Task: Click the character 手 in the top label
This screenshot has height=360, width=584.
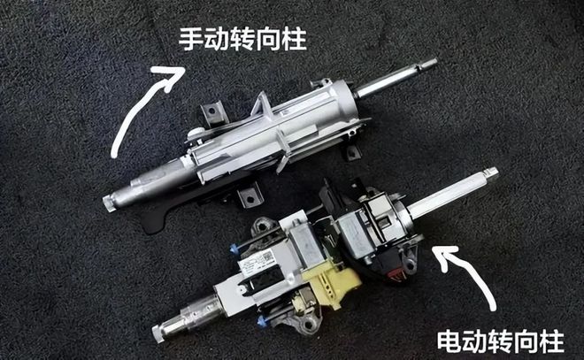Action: pos(191,39)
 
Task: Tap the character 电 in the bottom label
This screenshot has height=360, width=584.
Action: pos(450,341)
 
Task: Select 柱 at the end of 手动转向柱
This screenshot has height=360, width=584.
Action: pos(295,39)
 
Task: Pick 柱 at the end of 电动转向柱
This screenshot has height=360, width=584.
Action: pos(552,341)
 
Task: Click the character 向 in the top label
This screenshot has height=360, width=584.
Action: pos(268,39)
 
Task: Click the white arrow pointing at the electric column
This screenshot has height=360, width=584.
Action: pos(470,275)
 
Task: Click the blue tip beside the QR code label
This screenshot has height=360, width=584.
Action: pos(233,249)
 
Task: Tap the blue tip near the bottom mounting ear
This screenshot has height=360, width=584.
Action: pos(262,320)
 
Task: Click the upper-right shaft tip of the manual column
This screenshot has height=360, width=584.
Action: pos(431,64)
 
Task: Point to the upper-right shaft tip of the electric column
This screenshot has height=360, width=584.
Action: pos(492,173)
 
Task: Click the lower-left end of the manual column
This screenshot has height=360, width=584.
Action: pos(109,203)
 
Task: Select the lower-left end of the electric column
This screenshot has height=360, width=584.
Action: pos(159,333)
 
